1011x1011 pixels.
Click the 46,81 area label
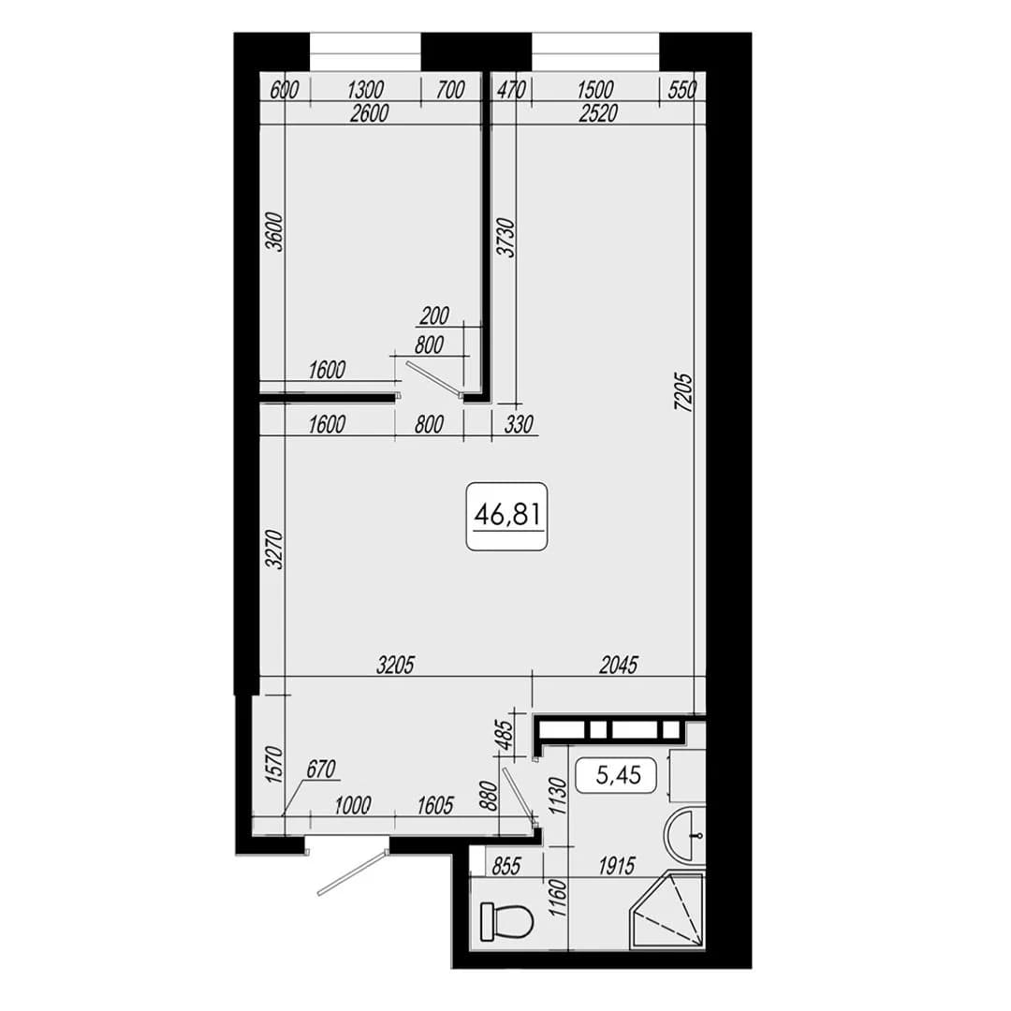506,516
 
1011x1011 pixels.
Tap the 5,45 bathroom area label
618,775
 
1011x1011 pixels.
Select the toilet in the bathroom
507,921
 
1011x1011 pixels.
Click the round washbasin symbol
685,835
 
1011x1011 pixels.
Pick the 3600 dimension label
274,232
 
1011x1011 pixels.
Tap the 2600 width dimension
369,113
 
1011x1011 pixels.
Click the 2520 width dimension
597,113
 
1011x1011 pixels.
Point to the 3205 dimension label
395,665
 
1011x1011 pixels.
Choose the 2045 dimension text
619,665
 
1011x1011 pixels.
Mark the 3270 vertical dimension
274,549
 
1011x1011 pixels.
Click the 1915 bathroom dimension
617,866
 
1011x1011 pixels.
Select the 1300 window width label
365,90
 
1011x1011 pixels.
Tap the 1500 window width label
594,90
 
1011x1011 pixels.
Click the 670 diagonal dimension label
321,769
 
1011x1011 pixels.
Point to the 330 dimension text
519,424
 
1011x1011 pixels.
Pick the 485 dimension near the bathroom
506,735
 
